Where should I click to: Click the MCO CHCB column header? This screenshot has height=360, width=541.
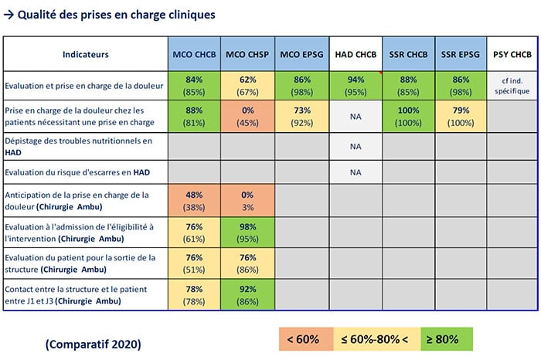(194, 55)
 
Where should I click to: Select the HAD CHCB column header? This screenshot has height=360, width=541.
(355, 55)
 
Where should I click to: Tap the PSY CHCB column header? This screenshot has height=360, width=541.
(512, 55)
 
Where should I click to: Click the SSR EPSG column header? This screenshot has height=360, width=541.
(460, 55)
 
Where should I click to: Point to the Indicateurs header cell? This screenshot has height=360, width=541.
(86, 55)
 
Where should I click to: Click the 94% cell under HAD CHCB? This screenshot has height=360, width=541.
(355, 85)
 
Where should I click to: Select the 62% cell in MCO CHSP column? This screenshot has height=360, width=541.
(247, 85)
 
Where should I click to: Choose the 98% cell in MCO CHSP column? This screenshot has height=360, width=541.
(247, 232)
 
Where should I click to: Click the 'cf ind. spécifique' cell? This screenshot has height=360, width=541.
(512, 85)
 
